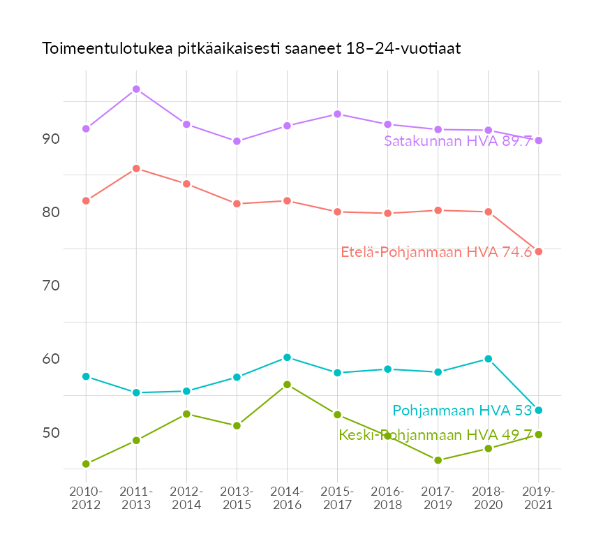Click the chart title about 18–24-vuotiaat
(251, 49)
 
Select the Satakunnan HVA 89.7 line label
(458, 141)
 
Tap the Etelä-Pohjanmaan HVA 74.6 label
(436, 252)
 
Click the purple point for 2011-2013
(136, 89)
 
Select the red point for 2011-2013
(136, 168)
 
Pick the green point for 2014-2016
(287, 385)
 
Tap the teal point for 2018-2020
(488, 359)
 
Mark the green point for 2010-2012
(86, 464)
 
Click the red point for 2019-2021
(538, 251)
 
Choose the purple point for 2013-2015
(237, 141)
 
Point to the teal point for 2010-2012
(86, 376)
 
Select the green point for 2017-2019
(438, 460)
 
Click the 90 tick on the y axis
(51, 139)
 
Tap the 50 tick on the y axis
(51, 433)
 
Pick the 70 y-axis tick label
(51, 286)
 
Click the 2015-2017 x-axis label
(337, 498)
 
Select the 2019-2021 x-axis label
(538, 498)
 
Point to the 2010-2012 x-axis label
(86, 498)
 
